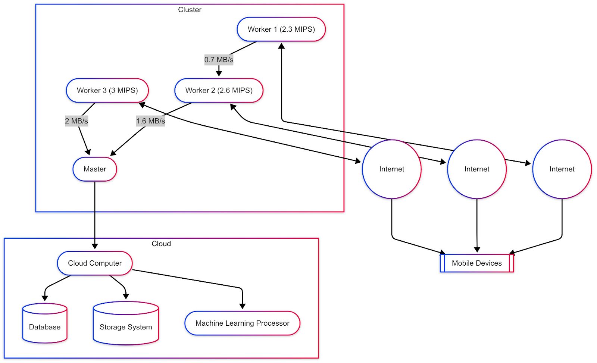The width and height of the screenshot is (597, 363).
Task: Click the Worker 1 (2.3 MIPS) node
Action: pyautogui.click(x=281, y=29)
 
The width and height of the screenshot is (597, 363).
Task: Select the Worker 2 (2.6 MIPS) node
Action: pyautogui.click(x=219, y=90)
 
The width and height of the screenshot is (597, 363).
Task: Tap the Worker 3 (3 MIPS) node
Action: pyautogui.click(x=107, y=90)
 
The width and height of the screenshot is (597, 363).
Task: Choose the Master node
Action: pyautogui.click(x=95, y=169)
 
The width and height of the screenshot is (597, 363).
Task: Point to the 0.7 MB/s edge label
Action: pyautogui.click(x=219, y=60)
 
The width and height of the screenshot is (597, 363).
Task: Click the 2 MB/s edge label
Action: pyautogui.click(x=76, y=121)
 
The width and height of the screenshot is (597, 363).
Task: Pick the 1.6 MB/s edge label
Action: pyautogui.click(x=150, y=121)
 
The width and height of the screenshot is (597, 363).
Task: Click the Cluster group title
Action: pyautogui.click(x=190, y=10)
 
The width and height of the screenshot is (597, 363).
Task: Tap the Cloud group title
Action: pyautogui.click(x=161, y=244)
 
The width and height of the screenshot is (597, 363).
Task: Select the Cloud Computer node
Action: pyautogui.click(x=95, y=263)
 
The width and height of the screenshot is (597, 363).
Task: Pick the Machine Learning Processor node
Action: pyautogui.click(x=242, y=323)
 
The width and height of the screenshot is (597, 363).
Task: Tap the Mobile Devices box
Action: pyautogui.click(x=477, y=263)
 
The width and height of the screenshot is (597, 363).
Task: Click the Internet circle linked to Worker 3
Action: pyautogui.click(x=392, y=169)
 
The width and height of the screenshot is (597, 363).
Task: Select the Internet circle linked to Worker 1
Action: pyautogui.click(x=562, y=169)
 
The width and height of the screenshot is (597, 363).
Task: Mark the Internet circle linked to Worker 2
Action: pyautogui.click(x=477, y=169)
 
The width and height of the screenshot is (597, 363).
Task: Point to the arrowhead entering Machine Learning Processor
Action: pyautogui.click(x=243, y=306)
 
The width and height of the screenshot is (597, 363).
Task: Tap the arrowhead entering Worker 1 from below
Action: pyautogui.click(x=282, y=46)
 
